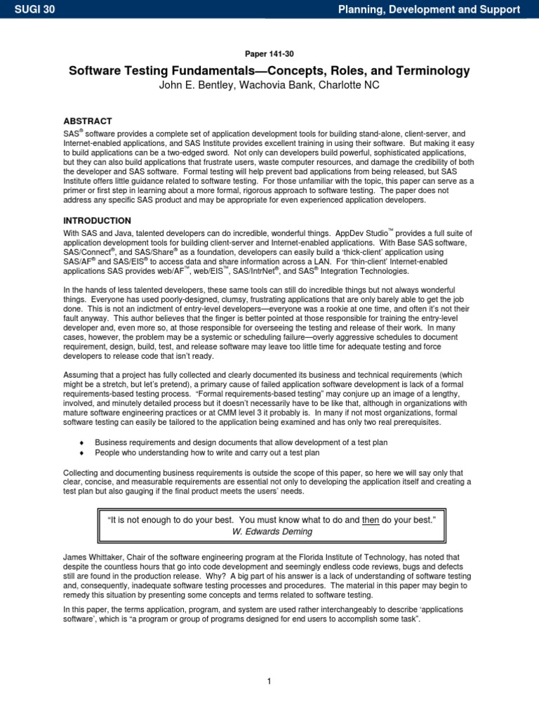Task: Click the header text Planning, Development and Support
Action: tap(430, 9)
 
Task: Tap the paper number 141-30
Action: tap(269, 53)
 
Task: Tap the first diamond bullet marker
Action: tap(83, 442)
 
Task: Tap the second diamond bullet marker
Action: tap(83, 453)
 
